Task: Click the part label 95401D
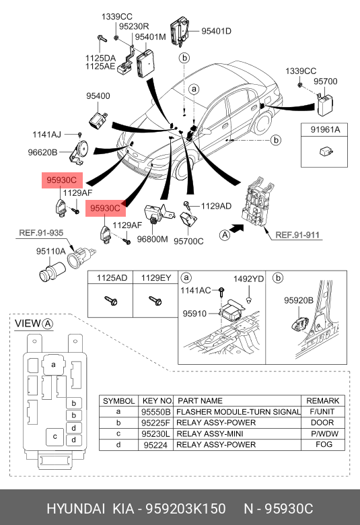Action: pyautogui.click(x=216, y=31)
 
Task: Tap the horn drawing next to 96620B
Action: pyautogui.click(x=79, y=152)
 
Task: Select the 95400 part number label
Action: pyautogui.click(x=98, y=96)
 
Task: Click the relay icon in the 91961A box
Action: pyautogui.click(x=326, y=151)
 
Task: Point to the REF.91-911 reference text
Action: pyautogui.click(x=297, y=235)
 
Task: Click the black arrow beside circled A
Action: pyautogui.click(x=238, y=230)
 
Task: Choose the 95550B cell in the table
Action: pyautogui.click(x=155, y=412)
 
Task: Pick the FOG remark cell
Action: pyautogui.click(x=324, y=444)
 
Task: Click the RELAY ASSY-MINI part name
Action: pyautogui.click(x=210, y=433)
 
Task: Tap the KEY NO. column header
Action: pyautogui.click(x=157, y=400)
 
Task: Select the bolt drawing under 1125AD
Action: pyautogui.click(x=111, y=300)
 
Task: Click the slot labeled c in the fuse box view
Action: pyautogui.click(x=55, y=437)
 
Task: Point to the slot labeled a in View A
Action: pyautogui.click(x=54, y=365)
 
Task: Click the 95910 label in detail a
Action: pyautogui.click(x=194, y=314)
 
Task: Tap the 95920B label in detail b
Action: pyautogui.click(x=299, y=301)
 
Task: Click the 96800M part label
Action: pyautogui.click(x=152, y=239)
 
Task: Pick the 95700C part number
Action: pyautogui.click(x=188, y=241)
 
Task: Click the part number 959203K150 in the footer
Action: pyautogui.click(x=185, y=508)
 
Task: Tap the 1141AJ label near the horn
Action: pyautogui.click(x=46, y=135)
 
